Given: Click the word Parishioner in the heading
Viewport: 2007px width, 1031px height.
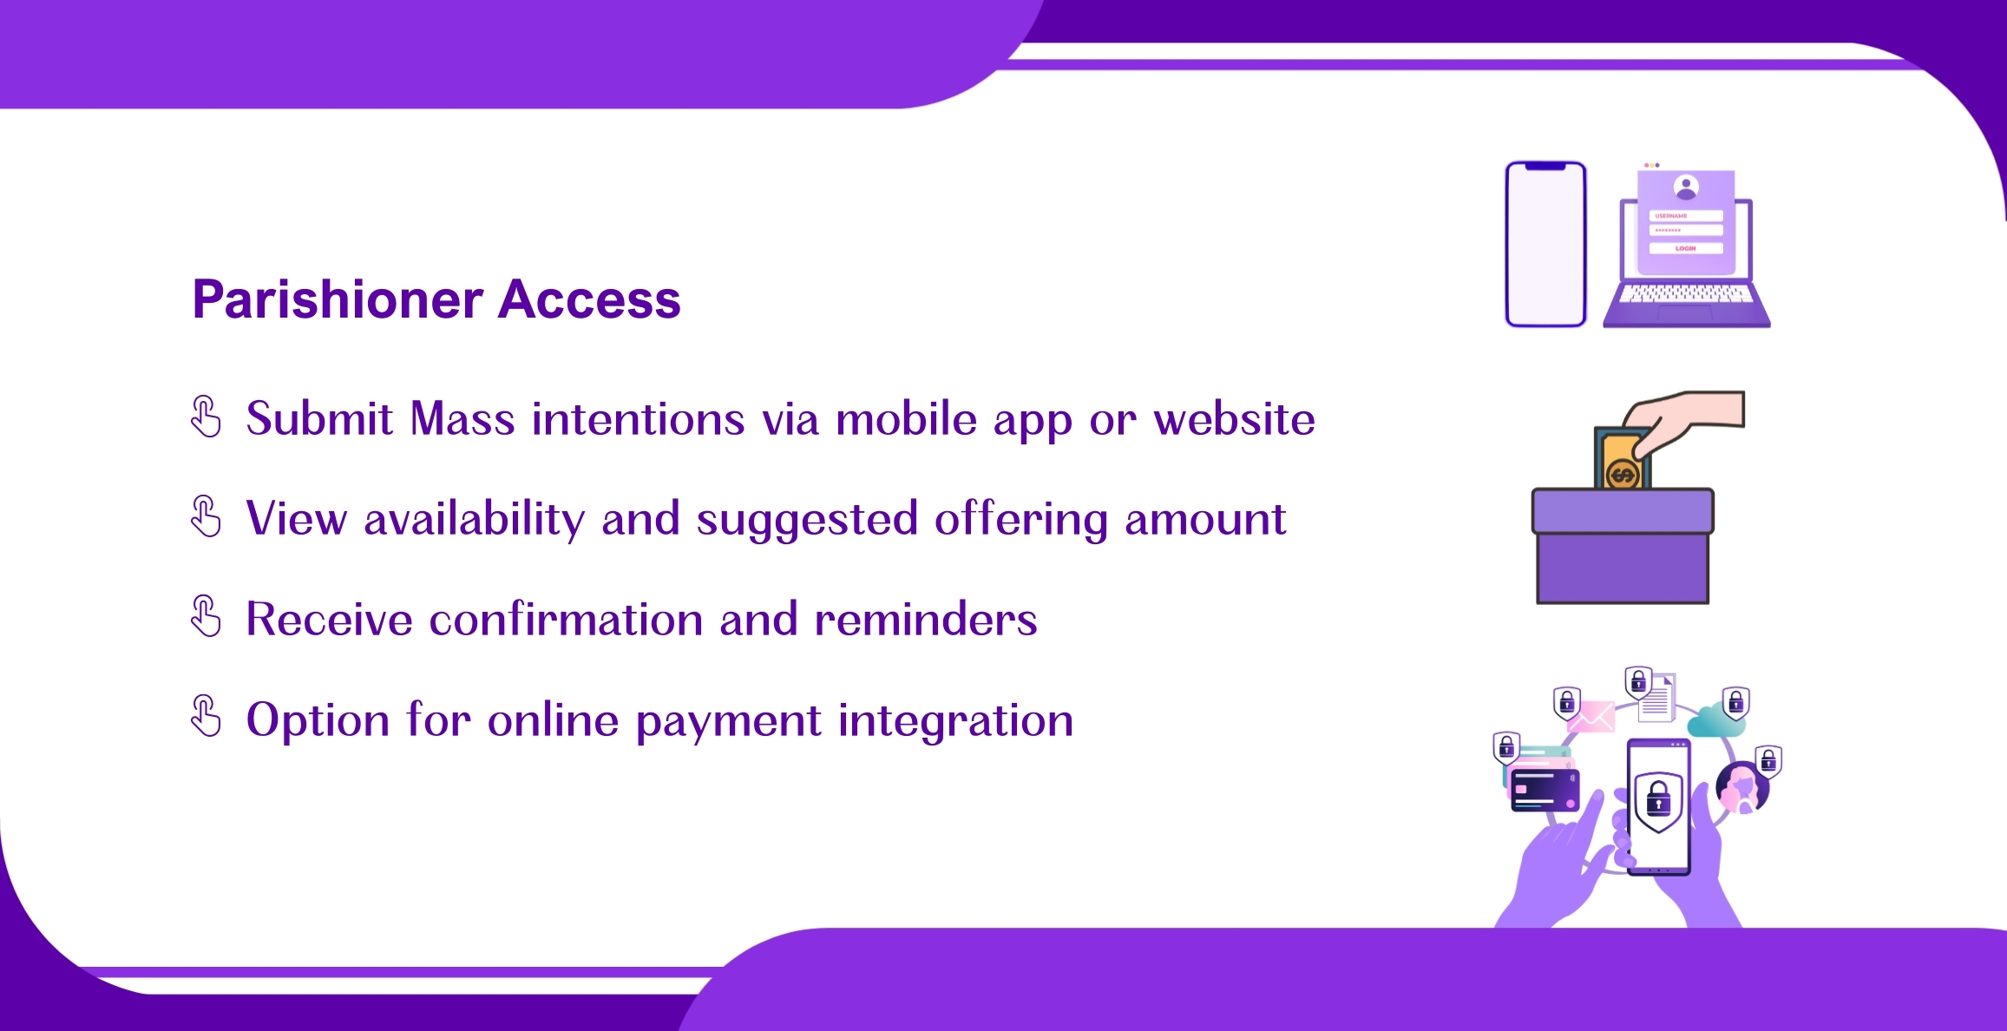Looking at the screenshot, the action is tap(338, 300).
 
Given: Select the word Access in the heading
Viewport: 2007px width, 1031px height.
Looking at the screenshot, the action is tap(590, 300).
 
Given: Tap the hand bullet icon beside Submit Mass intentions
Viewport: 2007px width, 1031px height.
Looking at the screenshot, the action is tap(206, 417).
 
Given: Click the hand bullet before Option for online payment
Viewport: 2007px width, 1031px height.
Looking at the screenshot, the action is tap(206, 716).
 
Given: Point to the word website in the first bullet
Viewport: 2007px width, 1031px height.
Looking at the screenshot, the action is tap(1234, 419).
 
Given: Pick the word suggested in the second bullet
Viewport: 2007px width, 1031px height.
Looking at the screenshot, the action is tap(807, 520).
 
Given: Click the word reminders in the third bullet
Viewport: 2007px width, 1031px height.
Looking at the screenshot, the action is tap(926, 619).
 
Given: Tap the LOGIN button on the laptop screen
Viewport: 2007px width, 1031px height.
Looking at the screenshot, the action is tap(1686, 248).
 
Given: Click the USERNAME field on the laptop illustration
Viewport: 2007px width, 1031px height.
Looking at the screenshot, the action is tap(1686, 216).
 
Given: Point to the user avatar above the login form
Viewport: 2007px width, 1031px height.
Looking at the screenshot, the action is tap(1686, 187).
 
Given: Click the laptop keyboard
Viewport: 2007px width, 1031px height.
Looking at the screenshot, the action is tap(1686, 295).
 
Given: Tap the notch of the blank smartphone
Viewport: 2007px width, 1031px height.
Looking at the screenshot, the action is tap(1545, 167).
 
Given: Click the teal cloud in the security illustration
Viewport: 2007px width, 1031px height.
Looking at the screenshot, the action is tap(1715, 721).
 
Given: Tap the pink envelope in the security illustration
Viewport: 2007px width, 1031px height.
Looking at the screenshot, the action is tap(1591, 717).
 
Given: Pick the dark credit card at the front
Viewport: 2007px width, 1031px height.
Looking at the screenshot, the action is tap(1545, 791).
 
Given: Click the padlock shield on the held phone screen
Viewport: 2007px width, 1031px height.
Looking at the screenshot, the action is tap(1658, 800).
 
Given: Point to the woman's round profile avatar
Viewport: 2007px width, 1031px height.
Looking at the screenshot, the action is tap(1742, 787).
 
